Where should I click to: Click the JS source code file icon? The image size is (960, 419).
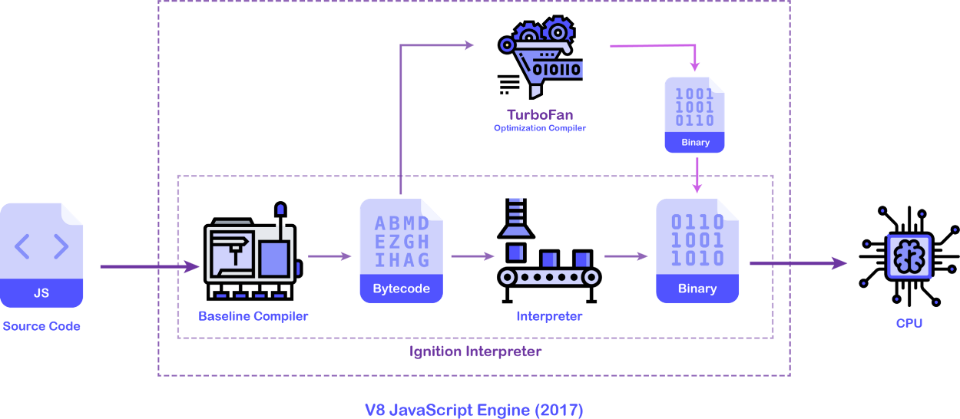41,255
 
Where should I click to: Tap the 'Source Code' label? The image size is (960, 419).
41,326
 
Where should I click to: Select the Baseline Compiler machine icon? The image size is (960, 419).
252,250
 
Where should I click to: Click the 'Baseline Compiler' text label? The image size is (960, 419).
253,316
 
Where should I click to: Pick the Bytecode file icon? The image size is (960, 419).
402,250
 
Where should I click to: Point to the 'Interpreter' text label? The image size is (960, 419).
549,316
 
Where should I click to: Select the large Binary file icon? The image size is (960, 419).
697,250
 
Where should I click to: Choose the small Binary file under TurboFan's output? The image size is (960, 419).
695,114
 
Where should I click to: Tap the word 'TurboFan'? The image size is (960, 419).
540,115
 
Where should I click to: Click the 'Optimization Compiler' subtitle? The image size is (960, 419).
540,128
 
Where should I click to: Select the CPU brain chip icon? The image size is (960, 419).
909,256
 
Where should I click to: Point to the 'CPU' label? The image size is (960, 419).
909,323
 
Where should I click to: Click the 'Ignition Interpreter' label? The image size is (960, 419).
475,352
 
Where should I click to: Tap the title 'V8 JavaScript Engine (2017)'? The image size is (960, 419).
474,409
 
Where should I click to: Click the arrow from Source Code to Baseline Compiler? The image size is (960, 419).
150,267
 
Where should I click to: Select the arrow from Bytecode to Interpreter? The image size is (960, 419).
472,256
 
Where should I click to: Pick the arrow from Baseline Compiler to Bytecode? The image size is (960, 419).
329,256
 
